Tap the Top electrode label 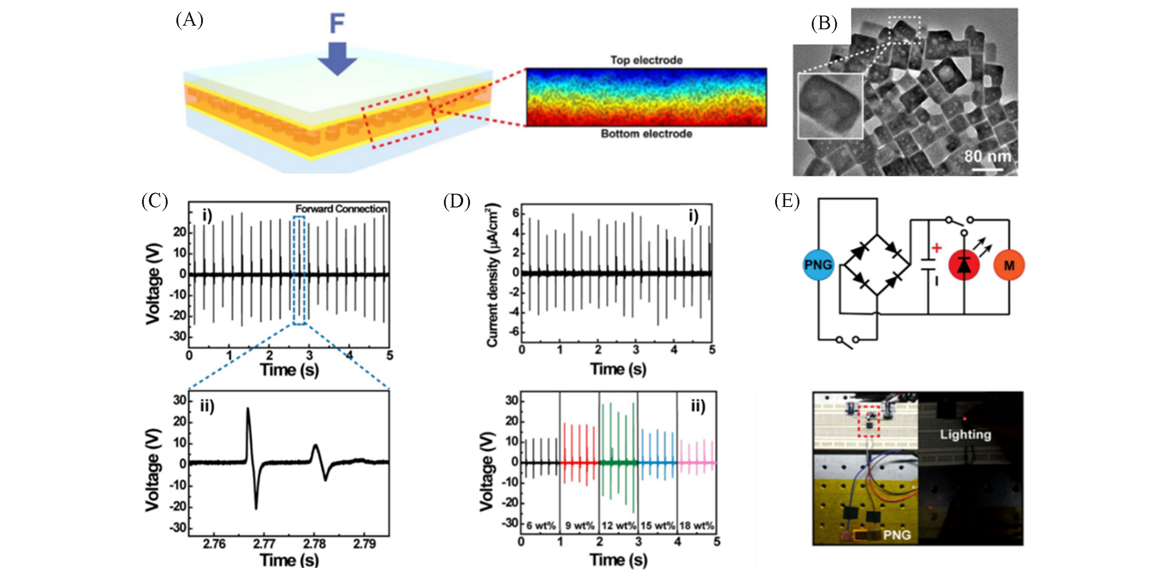point(646,60)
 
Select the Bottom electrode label point(646,134)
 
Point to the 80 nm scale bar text point(987,157)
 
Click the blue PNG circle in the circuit point(818,265)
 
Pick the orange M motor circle point(1009,265)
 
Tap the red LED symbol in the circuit point(964,265)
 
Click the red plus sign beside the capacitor point(936,248)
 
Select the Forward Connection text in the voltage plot point(341,209)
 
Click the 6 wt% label point(541,526)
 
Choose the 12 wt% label point(618,526)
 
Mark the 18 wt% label point(696,526)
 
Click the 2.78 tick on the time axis point(314,544)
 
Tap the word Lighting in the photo point(965,434)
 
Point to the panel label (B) point(824,23)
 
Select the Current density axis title point(492,275)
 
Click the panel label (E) point(787,201)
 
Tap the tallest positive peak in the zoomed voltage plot point(248,409)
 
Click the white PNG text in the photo point(897,535)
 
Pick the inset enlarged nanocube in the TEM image point(830,106)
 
